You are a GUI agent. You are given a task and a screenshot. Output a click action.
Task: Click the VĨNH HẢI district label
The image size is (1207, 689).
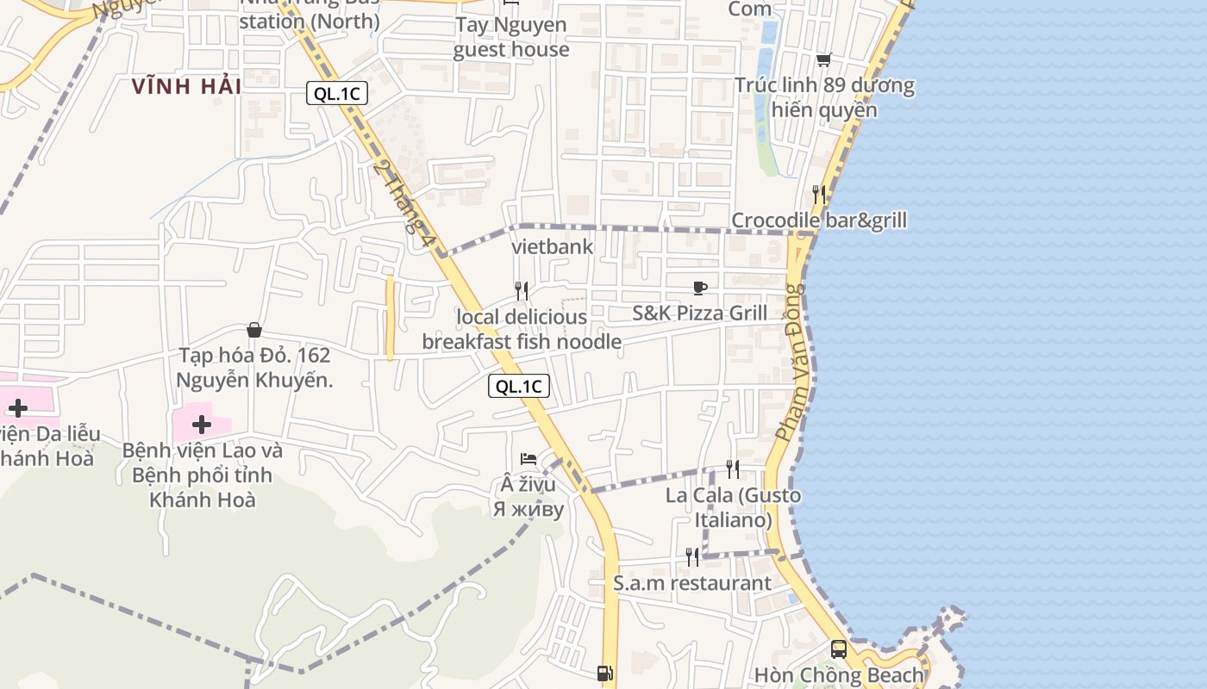click(x=186, y=86)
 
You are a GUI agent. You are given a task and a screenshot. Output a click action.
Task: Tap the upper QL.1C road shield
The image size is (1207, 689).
click(x=337, y=94)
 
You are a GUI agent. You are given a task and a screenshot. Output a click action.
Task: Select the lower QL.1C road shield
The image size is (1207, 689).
click(x=519, y=386)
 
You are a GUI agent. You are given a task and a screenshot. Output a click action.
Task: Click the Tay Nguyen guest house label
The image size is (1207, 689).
click(x=511, y=37)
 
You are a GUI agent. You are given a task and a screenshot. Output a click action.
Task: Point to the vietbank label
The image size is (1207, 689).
click(x=553, y=247)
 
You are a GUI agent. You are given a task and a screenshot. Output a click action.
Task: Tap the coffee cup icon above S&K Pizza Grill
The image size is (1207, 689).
click(x=699, y=288)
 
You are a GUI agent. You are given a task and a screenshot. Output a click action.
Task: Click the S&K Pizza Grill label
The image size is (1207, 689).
click(x=699, y=313)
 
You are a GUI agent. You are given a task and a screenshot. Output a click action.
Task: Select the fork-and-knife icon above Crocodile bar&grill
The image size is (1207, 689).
click(x=819, y=195)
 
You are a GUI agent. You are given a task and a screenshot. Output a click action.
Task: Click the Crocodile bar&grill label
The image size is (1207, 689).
click(x=819, y=220)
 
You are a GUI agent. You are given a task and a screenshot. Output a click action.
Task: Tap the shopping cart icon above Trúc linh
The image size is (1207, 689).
click(x=823, y=59)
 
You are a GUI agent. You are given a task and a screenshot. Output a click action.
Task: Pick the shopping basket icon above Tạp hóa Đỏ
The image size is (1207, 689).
click(x=254, y=330)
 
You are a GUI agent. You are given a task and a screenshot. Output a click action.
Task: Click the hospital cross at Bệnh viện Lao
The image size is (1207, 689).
click(x=202, y=424)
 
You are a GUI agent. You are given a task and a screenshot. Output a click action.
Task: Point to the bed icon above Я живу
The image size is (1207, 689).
click(x=528, y=459)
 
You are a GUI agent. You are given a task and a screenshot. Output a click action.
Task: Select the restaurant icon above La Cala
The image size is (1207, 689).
click(x=733, y=469)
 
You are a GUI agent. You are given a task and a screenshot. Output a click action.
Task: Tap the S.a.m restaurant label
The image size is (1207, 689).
click(x=692, y=583)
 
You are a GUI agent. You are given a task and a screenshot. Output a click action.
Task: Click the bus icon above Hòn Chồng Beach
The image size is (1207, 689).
click(x=838, y=649)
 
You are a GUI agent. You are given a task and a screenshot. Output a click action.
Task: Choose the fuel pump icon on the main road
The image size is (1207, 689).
click(x=605, y=673)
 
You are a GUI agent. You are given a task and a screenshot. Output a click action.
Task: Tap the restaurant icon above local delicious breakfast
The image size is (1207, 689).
click(x=522, y=291)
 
